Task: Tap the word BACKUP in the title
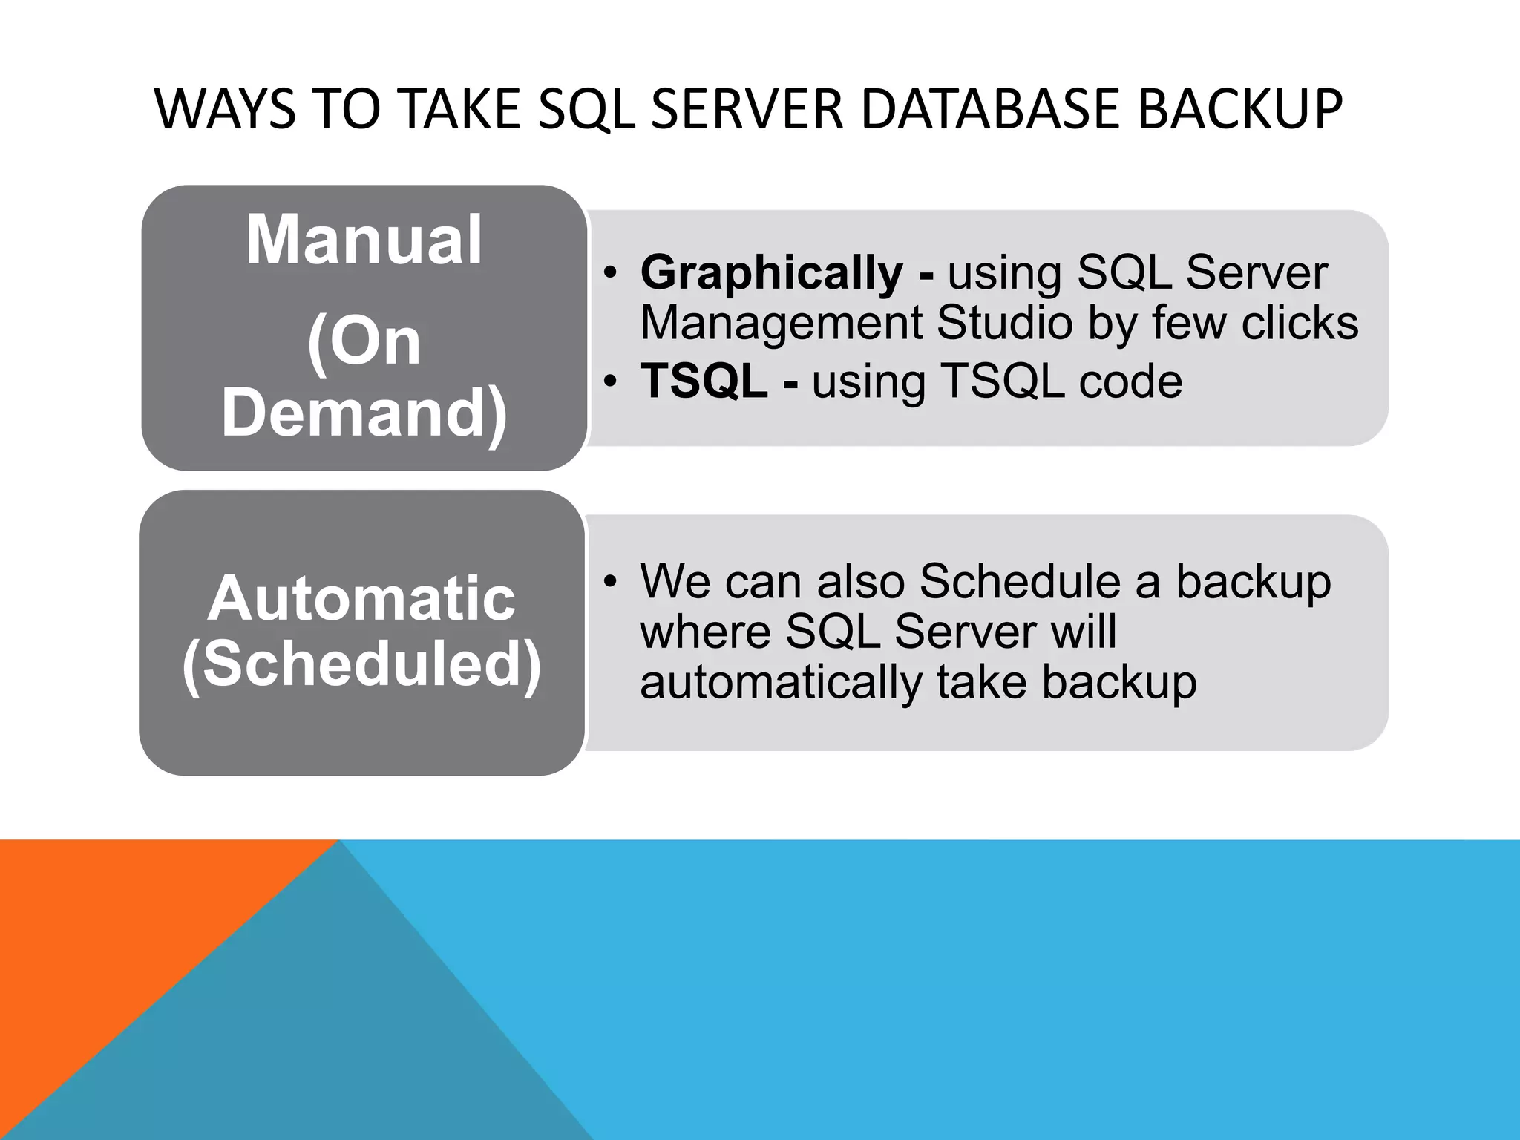pyautogui.click(x=1239, y=109)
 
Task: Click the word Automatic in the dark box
pyautogui.click(x=361, y=599)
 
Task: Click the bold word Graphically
pyautogui.click(x=772, y=272)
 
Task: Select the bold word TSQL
pyautogui.click(x=704, y=381)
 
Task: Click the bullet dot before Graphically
pyautogui.click(x=610, y=273)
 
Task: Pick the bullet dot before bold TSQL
pyautogui.click(x=610, y=382)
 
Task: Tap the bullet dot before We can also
pyautogui.click(x=610, y=581)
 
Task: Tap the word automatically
pyautogui.click(x=780, y=682)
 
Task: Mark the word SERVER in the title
pyautogui.click(x=750, y=109)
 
